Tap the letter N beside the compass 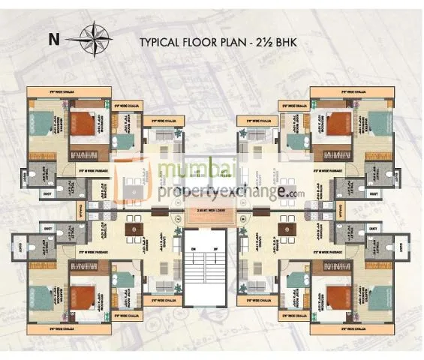(53, 38)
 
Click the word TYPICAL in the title (162, 43)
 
